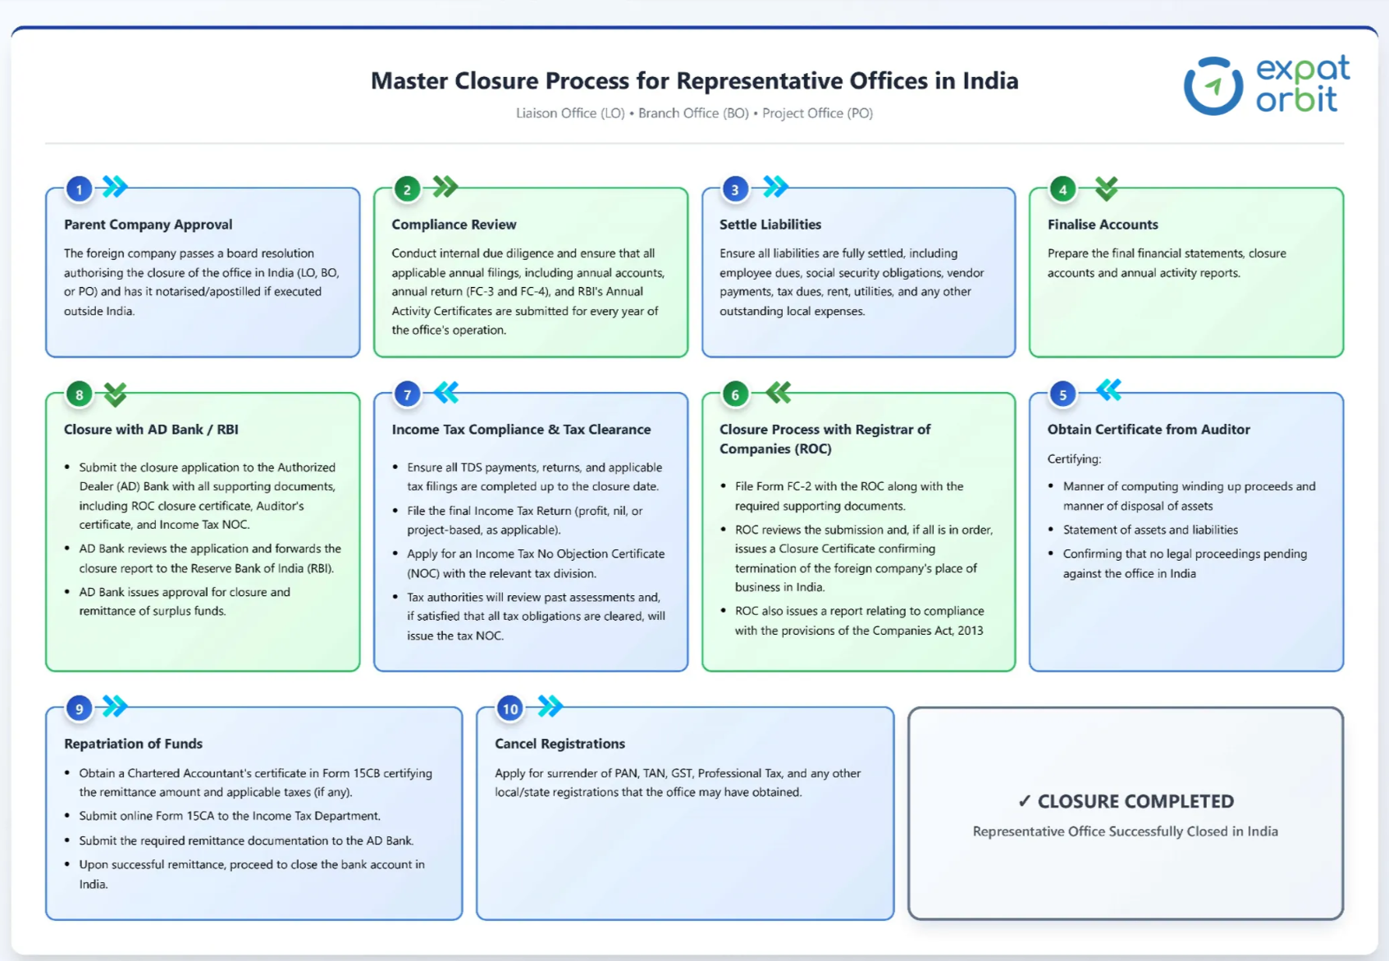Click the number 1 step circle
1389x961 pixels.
click(79, 189)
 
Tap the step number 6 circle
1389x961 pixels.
click(734, 394)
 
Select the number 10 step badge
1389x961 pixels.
click(509, 708)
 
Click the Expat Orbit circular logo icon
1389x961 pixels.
click(1213, 85)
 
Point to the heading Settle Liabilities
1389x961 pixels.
click(770, 225)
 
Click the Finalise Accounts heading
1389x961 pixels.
click(1102, 225)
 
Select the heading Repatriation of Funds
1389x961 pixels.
click(133, 744)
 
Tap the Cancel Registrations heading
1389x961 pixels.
click(560, 744)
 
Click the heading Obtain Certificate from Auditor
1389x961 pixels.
click(1148, 429)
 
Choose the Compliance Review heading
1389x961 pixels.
click(454, 225)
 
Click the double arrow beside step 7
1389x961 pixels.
click(446, 393)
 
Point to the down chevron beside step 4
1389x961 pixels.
click(1106, 189)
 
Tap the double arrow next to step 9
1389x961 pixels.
click(115, 705)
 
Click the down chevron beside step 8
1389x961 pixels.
click(116, 394)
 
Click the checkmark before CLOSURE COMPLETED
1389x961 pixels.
click(1024, 801)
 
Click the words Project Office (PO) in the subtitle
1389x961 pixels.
click(817, 113)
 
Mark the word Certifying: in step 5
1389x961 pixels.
click(1074, 459)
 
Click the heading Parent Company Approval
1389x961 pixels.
click(148, 225)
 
